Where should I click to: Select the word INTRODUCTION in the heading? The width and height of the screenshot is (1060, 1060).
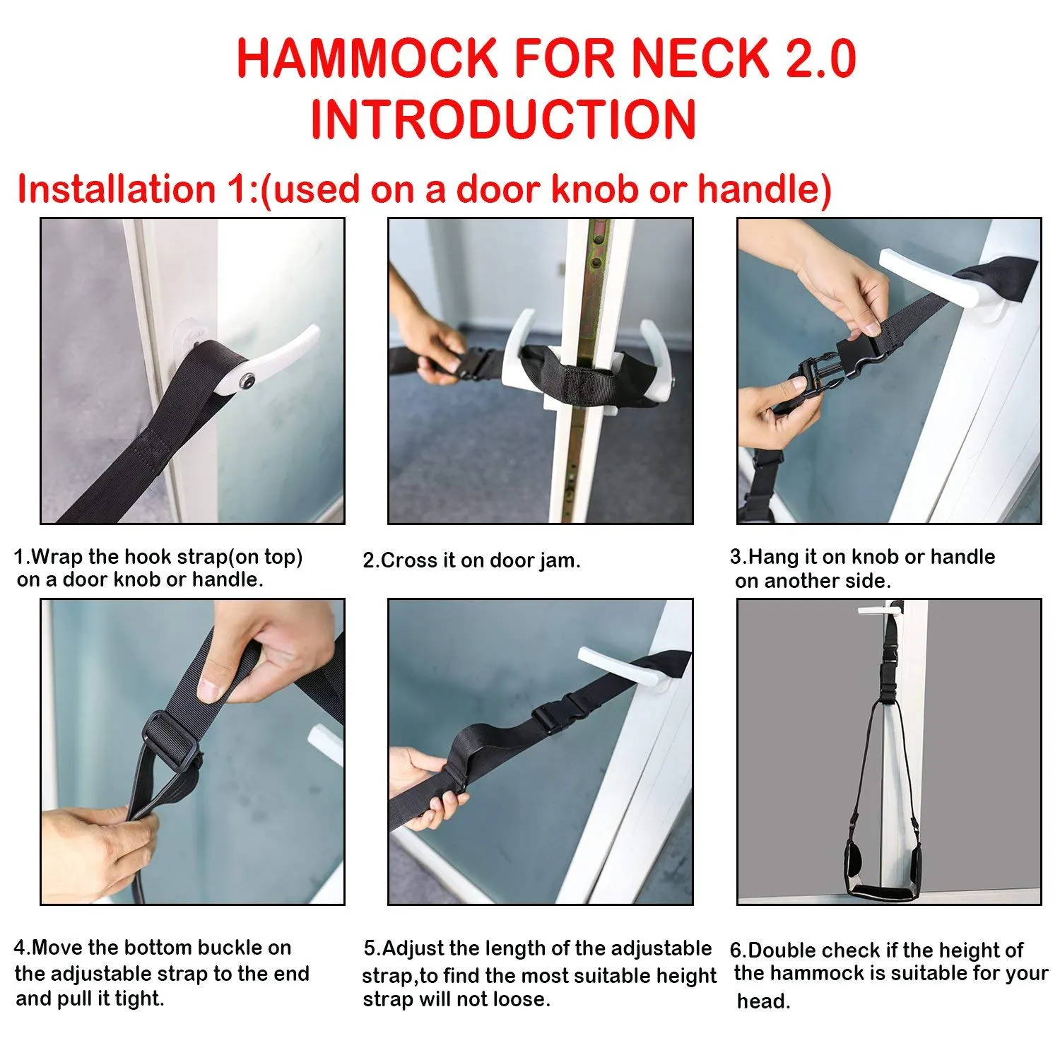tap(503, 119)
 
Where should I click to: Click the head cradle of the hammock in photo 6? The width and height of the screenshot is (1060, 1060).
tap(888, 883)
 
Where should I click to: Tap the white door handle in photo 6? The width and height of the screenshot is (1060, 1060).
tap(880, 609)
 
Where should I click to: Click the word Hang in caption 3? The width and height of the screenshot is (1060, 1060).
tap(774, 557)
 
